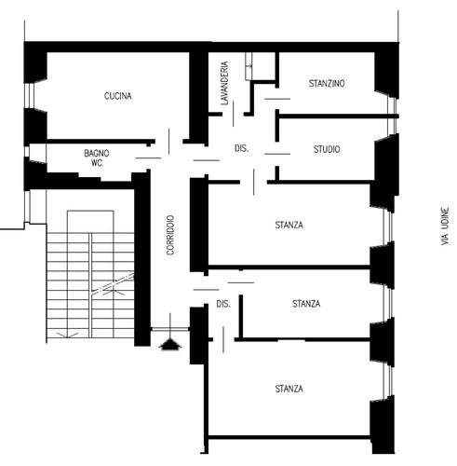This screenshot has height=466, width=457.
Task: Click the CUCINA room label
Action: point(117,96)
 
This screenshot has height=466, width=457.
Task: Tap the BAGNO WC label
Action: point(97,158)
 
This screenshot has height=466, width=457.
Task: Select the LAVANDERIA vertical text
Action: point(224,83)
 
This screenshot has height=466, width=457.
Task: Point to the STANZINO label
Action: point(327,83)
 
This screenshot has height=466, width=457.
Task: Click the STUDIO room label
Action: point(327,149)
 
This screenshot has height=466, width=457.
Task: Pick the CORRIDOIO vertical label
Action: point(170,235)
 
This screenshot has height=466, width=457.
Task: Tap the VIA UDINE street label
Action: point(445,226)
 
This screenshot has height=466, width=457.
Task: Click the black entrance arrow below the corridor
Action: point(170,344)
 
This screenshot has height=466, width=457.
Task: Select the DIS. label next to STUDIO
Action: point(241,148)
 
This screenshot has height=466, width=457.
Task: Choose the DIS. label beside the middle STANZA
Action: point(223,304)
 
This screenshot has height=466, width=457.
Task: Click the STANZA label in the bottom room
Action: point(289,389)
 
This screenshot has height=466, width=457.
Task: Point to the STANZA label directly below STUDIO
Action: point(289,225)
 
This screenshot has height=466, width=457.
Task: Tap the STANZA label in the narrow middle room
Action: point(306,304)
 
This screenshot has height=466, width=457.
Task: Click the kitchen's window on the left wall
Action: point(28,95)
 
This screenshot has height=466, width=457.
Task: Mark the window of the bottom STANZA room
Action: point(387,381)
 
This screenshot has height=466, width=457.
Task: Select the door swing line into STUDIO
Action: point(277,154)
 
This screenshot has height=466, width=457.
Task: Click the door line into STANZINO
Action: point(277,99)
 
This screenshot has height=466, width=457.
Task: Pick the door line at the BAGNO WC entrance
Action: point(148,158)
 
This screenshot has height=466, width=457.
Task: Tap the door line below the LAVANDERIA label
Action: point(234,114)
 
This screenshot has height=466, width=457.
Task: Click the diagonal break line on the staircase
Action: point(114,283)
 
